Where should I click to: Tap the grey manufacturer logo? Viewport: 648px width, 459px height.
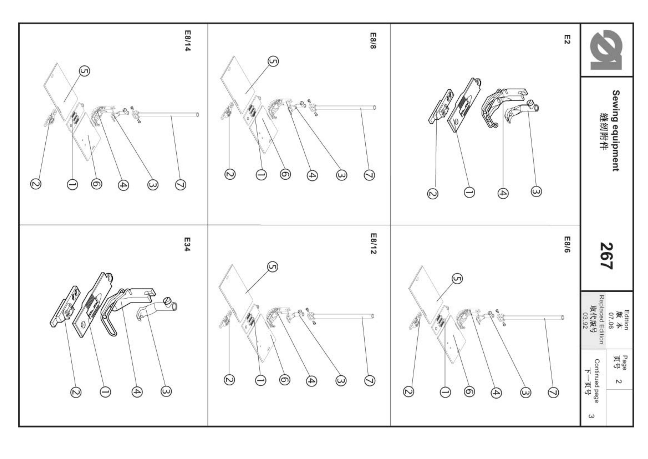click(x=607, y=50)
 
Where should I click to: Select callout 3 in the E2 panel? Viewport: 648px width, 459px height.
click(x=536, y=192)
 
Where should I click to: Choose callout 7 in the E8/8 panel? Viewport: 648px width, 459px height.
click(x=369, y=175)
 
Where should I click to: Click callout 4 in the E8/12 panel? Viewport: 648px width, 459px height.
click(x=311, y=381)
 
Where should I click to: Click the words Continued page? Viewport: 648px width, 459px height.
click(x=597, y=381)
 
